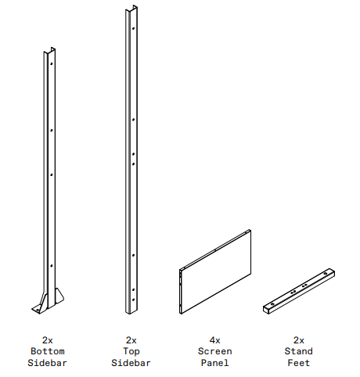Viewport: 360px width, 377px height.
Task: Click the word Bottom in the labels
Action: pos(47,352)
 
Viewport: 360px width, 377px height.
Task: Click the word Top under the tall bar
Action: pos(131,352)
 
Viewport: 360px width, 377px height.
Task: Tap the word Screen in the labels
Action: pos(214,352)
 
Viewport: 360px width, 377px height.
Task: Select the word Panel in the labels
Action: pos(214,363)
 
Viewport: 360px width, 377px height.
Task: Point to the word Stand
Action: pos(299,352)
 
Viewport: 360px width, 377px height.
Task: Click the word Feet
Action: pos(299,363)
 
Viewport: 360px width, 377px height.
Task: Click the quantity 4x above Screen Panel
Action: pos(214,340)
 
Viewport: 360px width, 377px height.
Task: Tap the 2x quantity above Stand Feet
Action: pos(299,340)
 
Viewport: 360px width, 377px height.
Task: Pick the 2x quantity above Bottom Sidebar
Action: pos(47,340)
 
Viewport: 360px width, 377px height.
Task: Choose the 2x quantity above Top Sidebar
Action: pos(131,340)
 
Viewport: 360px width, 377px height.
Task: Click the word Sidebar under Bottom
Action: pos(47,363)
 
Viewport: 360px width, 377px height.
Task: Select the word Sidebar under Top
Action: pos(131,363)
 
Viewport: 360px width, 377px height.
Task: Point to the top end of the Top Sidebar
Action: pos(131,11)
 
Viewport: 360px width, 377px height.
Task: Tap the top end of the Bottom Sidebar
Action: pos(49,53)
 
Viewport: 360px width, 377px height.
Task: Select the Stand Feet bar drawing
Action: pos(300,290)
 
